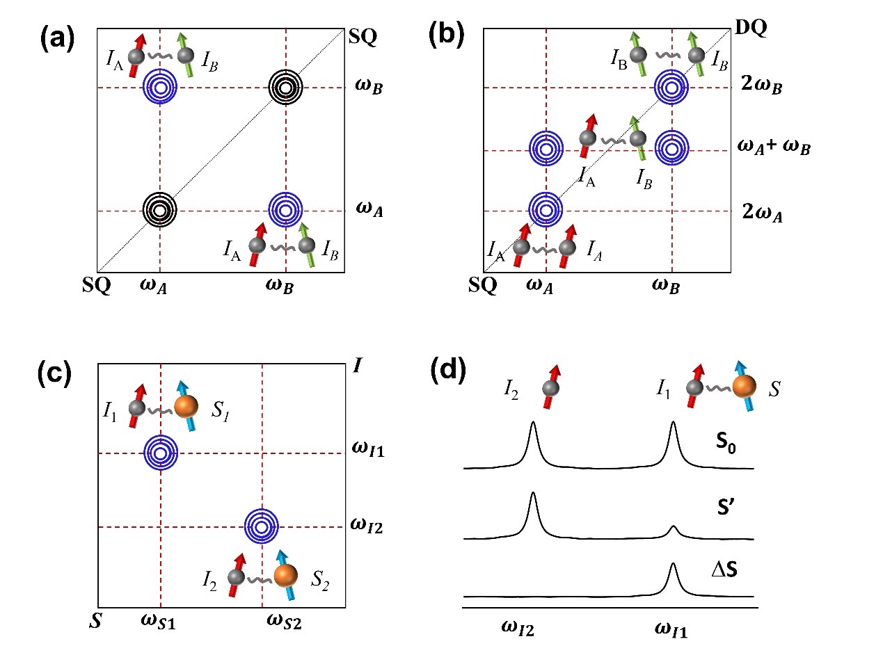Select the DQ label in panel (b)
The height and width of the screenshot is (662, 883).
pos(749,31)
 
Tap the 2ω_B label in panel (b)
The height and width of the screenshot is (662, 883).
pos(762,88)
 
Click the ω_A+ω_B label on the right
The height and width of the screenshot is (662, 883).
pos(774,147)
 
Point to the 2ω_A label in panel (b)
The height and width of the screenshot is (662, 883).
pos(762,210)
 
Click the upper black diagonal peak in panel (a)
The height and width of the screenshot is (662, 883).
pos(285,88)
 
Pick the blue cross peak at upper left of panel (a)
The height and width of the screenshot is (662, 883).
pos(160,88)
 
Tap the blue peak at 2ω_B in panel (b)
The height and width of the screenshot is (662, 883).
pos(671,88)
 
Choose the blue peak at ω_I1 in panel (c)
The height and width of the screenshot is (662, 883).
pos(160,453)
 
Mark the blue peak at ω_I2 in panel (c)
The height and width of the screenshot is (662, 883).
pos(262,526)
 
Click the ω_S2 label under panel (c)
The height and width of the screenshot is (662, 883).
pos(286,620)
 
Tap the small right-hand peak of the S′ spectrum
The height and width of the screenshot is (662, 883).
pos(673,531)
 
